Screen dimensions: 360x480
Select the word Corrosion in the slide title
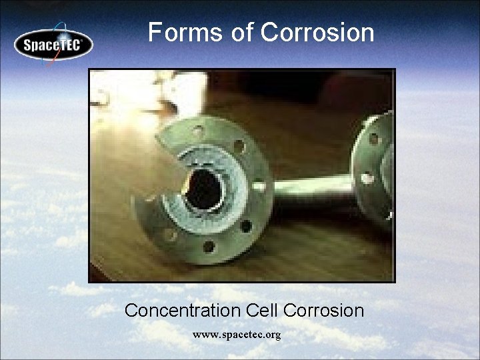[318, 32]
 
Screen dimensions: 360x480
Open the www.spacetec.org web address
[237, 334]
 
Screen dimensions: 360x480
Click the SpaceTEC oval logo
[54, 45]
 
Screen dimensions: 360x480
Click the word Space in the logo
[41, 46]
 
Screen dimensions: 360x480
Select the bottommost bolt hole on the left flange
[208, 247]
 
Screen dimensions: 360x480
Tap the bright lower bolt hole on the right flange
[366, 179]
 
